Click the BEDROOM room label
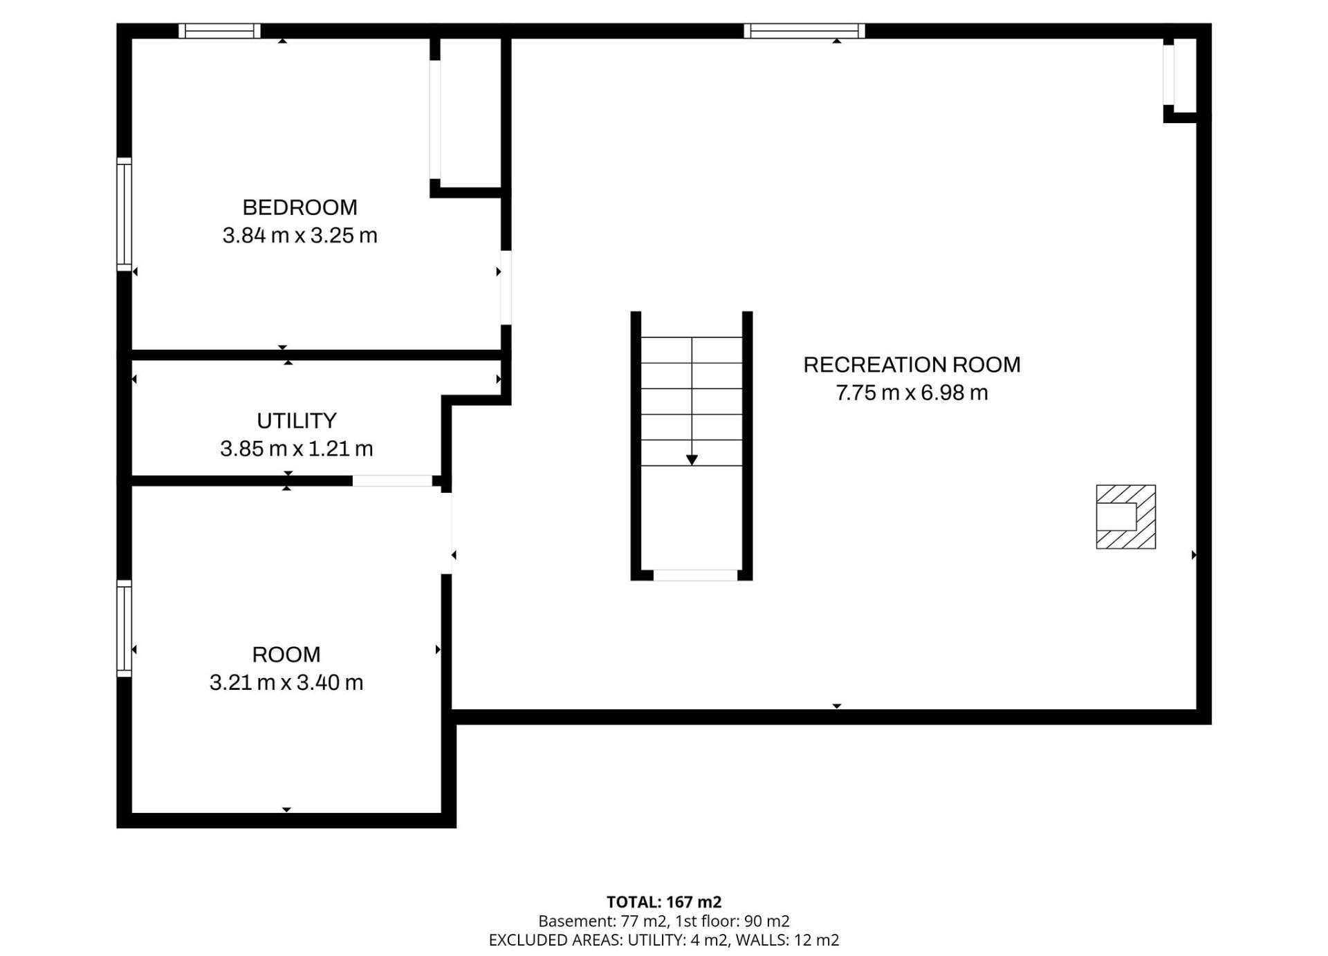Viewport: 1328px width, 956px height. click(299, 207)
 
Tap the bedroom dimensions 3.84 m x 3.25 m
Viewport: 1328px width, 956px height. click(299, 236)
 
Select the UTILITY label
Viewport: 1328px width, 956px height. click(297, 420)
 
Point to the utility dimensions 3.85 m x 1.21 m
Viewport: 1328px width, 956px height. click(297, 449)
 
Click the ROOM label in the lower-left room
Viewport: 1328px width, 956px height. click(286, 654)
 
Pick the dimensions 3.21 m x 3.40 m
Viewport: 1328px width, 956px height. click(286, 682)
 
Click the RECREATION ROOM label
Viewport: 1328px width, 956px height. click(912, 364)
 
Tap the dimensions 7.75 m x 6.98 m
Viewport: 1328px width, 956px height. click(912, 393)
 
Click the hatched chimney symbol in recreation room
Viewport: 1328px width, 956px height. click(1126, 516)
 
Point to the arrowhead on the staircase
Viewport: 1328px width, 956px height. click(692, 460)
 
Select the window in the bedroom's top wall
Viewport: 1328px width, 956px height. click(220, 30)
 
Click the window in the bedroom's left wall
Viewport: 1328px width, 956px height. click(124, 214)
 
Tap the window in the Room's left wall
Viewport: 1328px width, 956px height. click(124, 628)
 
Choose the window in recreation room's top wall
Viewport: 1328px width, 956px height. click(804, 30)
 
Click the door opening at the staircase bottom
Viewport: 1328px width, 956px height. click(695, 575)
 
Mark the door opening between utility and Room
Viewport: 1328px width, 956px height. click(392, 480)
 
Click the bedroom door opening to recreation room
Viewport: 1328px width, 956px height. click(506, 288)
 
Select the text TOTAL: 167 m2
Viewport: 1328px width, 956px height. click(664, 902)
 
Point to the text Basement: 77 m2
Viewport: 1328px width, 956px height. click(602, 921)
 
